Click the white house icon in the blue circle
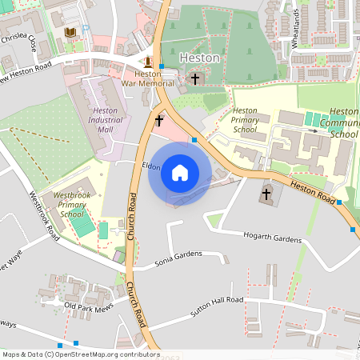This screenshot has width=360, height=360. [180, 173]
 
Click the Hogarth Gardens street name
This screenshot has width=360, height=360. [270, 239]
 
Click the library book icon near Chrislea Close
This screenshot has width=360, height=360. [70, 32]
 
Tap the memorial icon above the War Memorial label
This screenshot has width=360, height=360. [148, 62]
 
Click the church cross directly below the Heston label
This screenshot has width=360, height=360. [195, 78]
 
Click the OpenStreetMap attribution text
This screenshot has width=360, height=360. [80, 354]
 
